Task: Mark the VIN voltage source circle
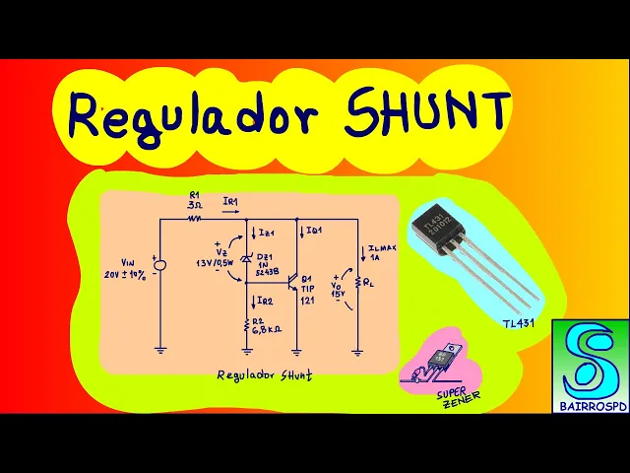coord(160,264)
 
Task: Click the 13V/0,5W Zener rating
coord(220,262)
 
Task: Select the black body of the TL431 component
coord(442,229)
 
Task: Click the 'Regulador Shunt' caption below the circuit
coord(263,375)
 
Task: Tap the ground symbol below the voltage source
coord(160,348)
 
